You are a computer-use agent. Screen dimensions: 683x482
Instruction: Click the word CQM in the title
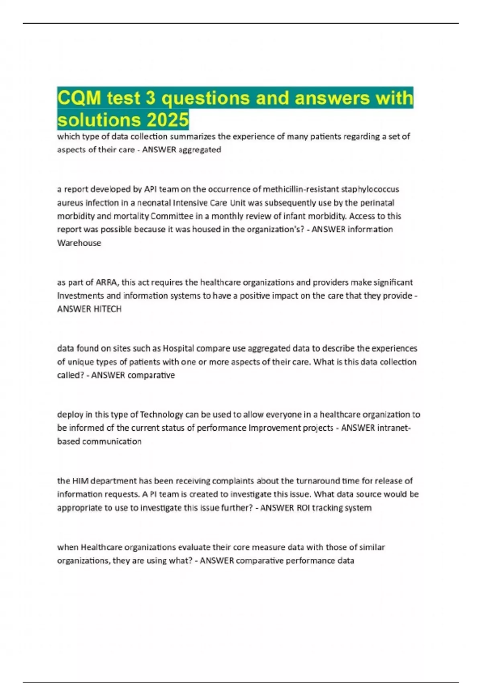(79, 98)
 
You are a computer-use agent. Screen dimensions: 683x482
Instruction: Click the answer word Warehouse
(79, 243)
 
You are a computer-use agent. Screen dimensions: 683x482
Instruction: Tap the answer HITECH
(107, 309)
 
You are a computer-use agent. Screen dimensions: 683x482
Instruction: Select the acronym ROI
(303, 508)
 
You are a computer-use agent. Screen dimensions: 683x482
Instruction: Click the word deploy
(69, 415)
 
